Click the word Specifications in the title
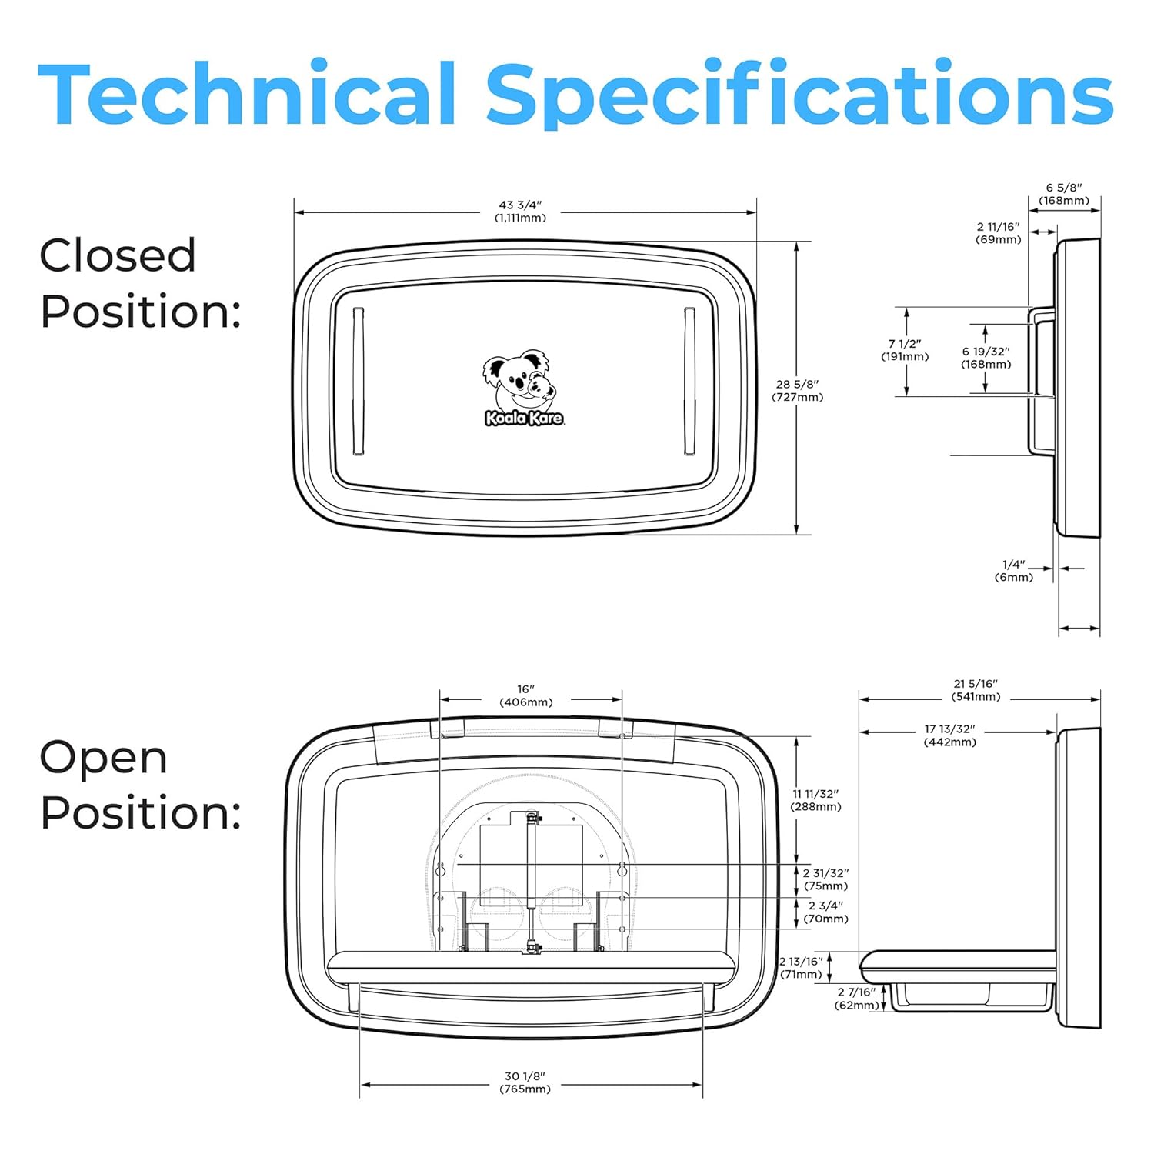pos(799,96)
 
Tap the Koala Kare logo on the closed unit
pos(522,389)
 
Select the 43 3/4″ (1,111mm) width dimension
pos(521,212)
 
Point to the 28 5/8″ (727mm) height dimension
pos(798,391)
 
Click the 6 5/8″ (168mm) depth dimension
pos(1064,194)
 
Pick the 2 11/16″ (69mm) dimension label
pos(999,233)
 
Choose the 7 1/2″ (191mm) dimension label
pos(905,350)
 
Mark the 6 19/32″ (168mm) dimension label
pos(986,358)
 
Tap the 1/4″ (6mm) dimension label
pos(1014,571)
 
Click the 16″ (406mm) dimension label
pos(526,695)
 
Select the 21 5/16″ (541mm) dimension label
pos(976,690)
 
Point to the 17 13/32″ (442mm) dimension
pos(950,735)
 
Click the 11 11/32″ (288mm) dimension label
pos(816,800)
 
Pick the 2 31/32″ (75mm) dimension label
pos(826,879)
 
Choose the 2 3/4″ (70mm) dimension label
pos(826,912)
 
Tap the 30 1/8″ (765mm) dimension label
pos(525,1082)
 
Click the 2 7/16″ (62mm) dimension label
pos(857,999)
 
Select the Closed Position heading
pos(140,283)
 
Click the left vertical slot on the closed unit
pos(358,382)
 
